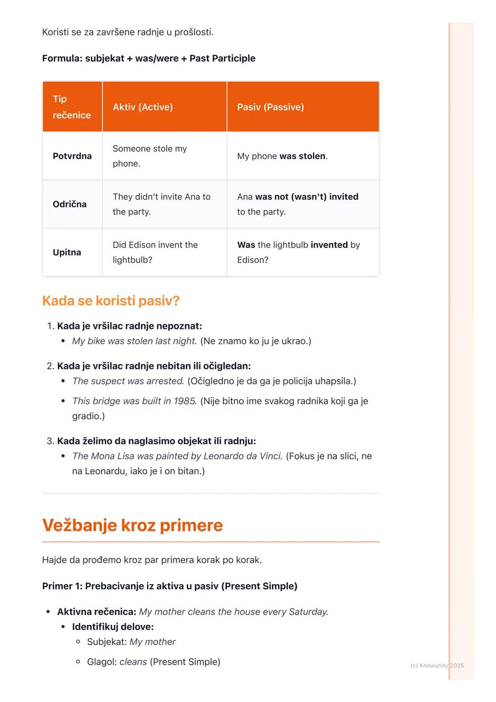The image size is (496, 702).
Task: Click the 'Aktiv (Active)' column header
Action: coord(143,107)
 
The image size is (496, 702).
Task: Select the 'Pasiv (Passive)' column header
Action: coord(271,107)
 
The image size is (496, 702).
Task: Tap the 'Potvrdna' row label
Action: coord(72,156)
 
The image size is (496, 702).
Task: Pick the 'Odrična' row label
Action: coord(70,204)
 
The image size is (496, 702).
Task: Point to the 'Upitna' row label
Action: coord(67,253)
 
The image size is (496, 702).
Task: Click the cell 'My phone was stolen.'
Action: coord(282,156)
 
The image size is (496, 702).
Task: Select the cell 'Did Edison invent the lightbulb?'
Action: coord(155,252)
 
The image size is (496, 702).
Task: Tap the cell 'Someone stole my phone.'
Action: coord(150,156)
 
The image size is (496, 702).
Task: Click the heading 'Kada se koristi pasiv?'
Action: coord(111,301)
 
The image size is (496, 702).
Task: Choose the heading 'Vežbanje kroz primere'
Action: coord(132,525)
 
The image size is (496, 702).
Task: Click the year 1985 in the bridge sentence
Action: coord(185,401)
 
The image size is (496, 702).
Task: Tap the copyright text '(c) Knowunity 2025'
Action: coord(437,666)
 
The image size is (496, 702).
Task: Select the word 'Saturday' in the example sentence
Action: coord(308,612)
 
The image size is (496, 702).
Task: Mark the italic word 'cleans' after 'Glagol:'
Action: coord(133,662)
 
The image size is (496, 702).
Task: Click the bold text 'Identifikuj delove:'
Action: coord(113,627)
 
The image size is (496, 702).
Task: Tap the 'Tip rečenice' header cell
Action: coord(72,107)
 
